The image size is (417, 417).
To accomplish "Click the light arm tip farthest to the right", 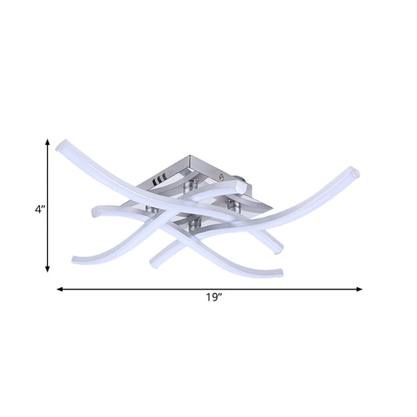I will pos(354,171).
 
